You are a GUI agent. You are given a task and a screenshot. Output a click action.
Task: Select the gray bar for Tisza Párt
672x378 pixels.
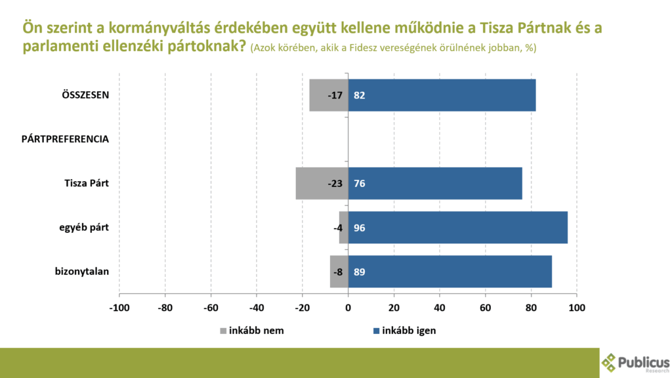click(312, 183)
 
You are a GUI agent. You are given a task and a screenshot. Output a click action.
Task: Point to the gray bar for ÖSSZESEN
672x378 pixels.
click(322, 95)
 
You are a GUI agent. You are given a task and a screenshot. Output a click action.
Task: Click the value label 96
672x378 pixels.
click(359, 228)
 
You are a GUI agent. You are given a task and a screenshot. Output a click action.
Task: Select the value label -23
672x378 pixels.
click(335, 183)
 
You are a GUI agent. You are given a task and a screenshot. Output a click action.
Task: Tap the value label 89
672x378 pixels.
click(359, 272)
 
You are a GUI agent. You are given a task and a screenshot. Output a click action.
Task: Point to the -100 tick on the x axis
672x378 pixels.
click(119, 308)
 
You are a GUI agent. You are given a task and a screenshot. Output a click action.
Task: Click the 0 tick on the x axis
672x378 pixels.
click(348, 308)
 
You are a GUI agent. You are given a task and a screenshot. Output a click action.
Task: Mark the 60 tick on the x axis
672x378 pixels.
click(485, 308)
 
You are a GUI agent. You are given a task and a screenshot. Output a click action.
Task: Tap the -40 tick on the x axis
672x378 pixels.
click(256, 308)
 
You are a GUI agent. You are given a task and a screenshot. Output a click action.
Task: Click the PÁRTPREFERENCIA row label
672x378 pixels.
click(65, 139)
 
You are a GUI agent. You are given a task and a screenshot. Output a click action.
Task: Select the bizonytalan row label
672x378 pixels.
click(81, 272)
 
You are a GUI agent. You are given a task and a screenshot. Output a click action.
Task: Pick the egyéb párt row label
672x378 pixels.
click(84, 228)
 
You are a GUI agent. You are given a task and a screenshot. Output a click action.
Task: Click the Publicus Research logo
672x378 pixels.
click(635, 363)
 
